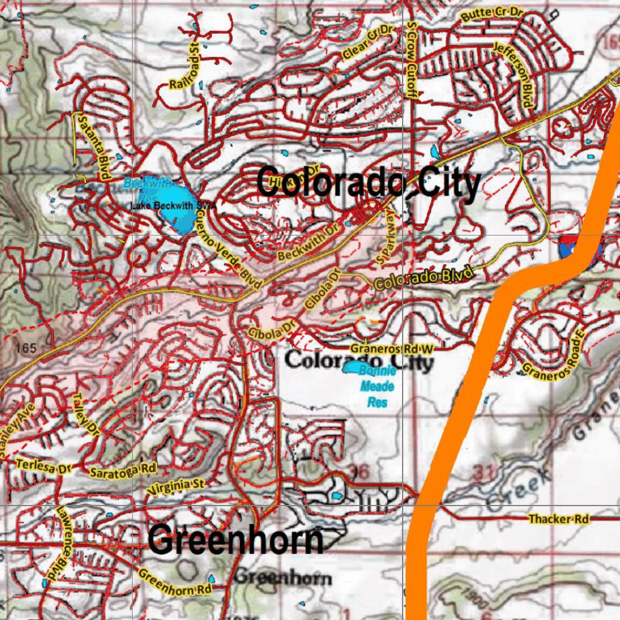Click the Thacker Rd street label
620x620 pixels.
pyautogui.click(x=558, y=519)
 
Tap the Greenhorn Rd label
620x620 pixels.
pyautogui.click(x=176, y=582)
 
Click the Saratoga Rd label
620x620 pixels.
pyautogui.click(x=123, y=470)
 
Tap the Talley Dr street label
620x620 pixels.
pyautogui.click(x=85, y=414)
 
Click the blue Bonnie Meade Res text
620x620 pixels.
pyautogui.click(x=377, y=386)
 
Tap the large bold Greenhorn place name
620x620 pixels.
pyautogui.click(x=236, y=540)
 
